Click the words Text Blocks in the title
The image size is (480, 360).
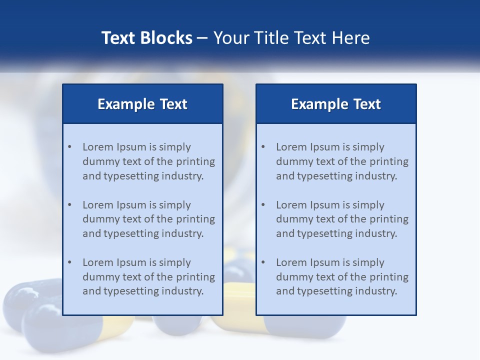(147, 38)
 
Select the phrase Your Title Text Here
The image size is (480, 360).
(291, 38)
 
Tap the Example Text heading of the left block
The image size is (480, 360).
(142, 104)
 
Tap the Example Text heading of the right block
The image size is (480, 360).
(336, 104)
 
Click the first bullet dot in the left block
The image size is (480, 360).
(70, 147)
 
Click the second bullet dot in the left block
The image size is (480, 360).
(70, 205)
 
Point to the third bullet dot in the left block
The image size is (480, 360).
(70, 262)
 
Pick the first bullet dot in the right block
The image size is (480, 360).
(263, 147)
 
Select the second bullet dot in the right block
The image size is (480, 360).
(263, 205)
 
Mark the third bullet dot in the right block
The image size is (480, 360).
(263, 262)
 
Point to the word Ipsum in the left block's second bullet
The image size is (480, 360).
(131, 205)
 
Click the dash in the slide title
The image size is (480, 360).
(202, 38)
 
